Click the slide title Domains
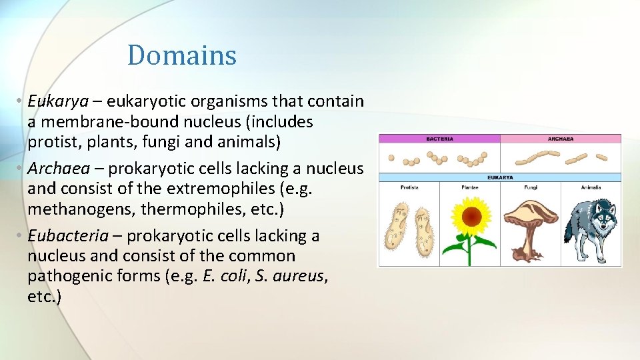click(181, 55)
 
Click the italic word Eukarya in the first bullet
click(58, 101)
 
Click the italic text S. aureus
click(291, 276)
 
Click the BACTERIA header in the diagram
click(439, 139)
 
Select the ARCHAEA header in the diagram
click(561, 139)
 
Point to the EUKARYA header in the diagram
click(499, 178)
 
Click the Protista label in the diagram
click(409, 187)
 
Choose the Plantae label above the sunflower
click(470, 187)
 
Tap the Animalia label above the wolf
click(591, 187)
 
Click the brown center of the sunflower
click(471, 216)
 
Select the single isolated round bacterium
click(391, 159)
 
